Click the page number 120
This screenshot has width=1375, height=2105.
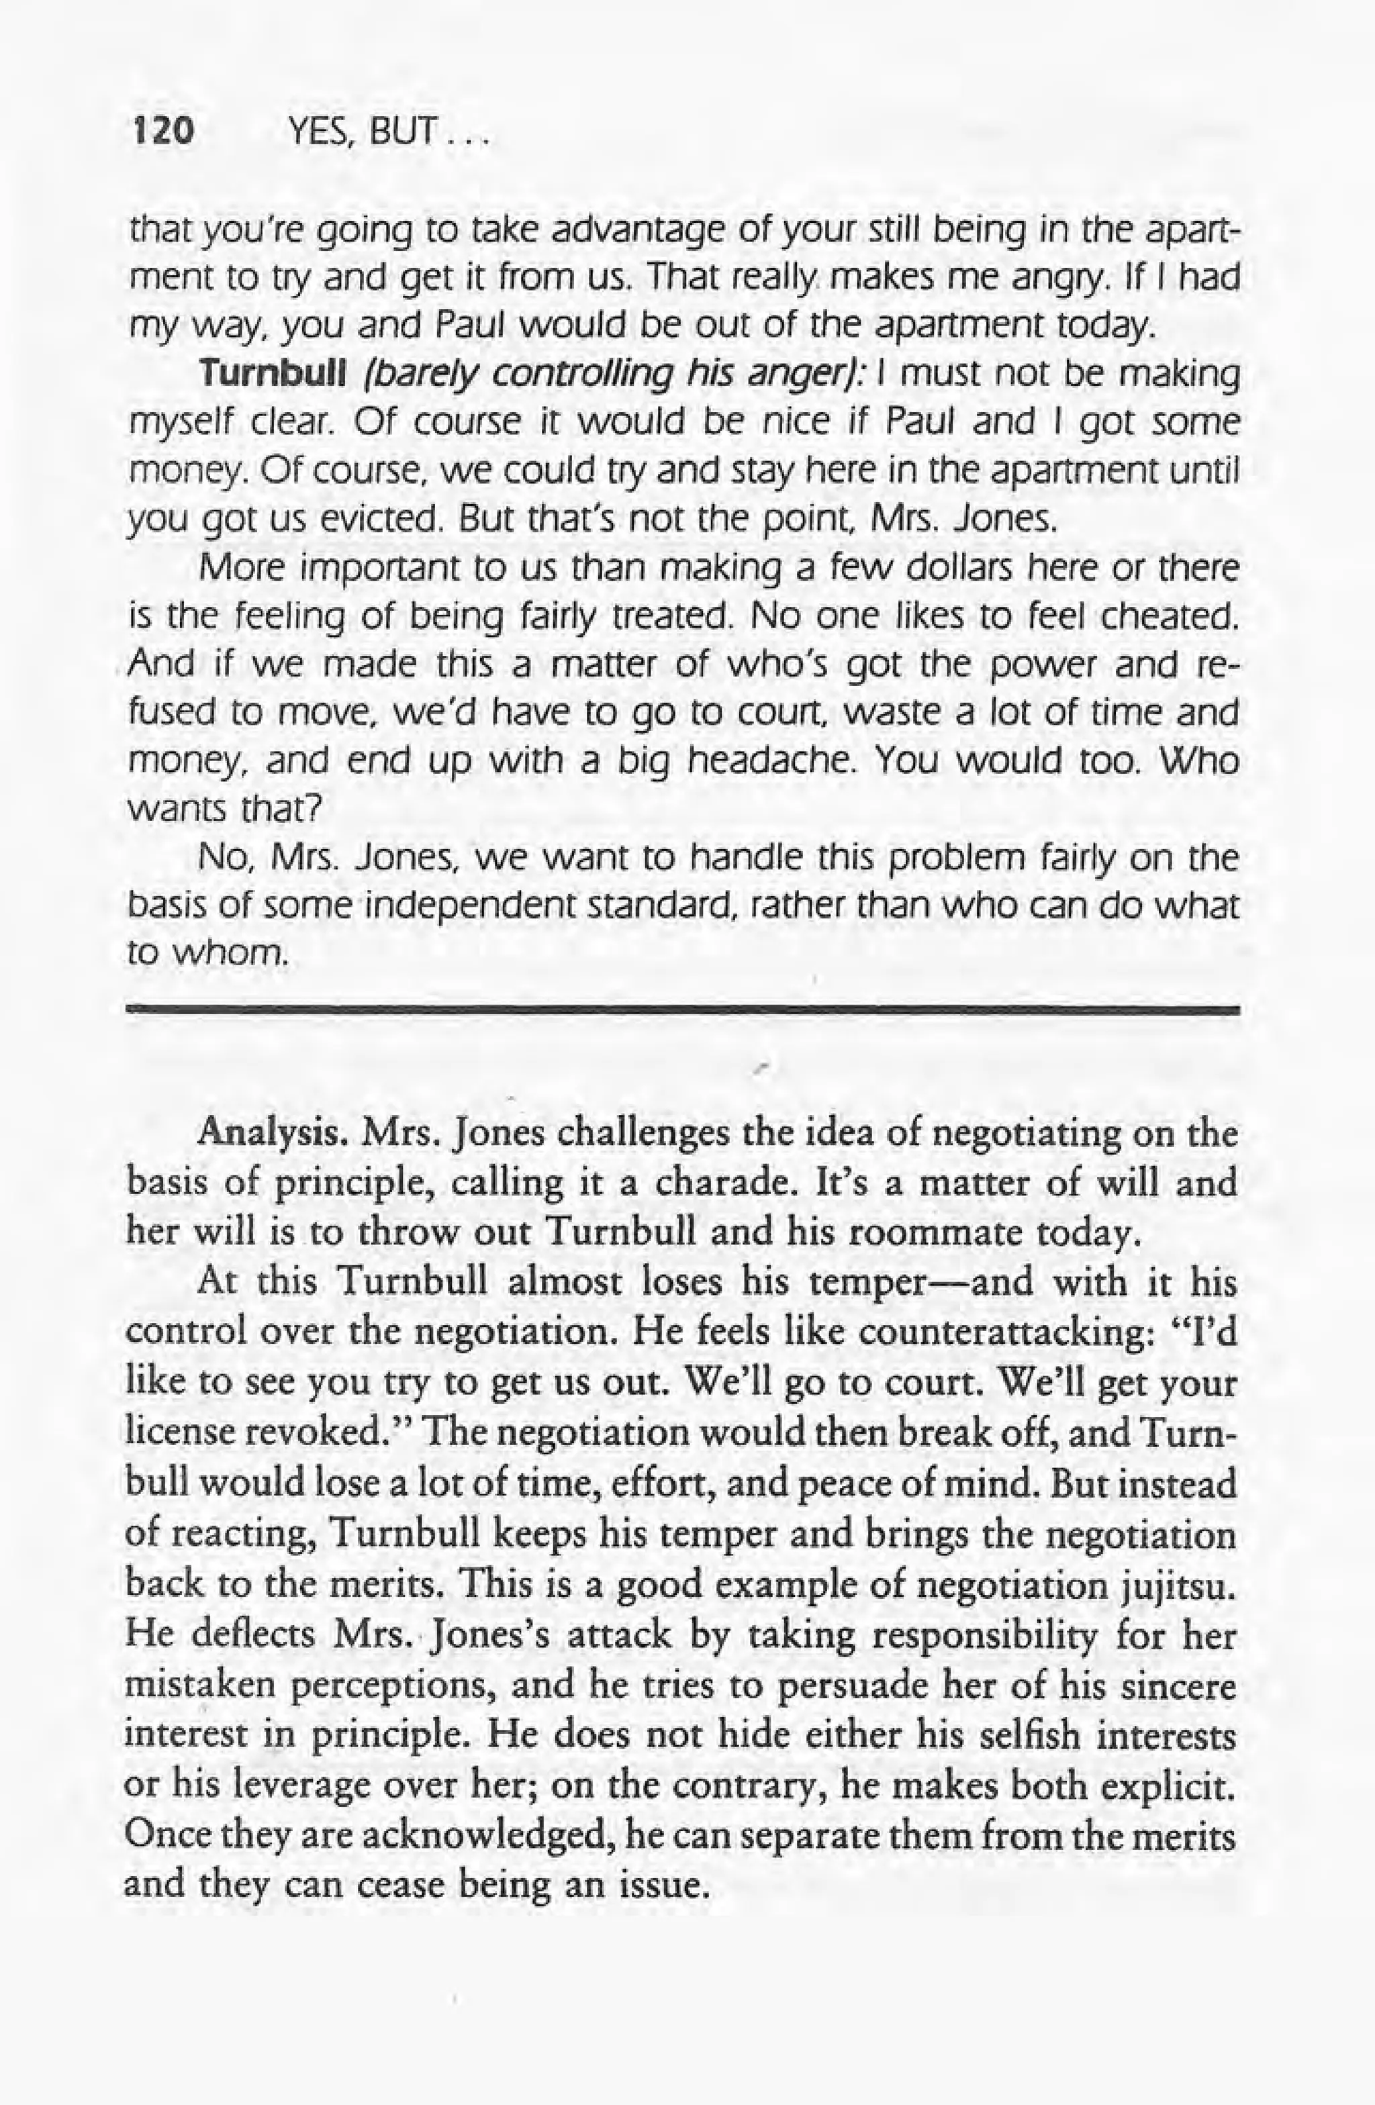[161, 133]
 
